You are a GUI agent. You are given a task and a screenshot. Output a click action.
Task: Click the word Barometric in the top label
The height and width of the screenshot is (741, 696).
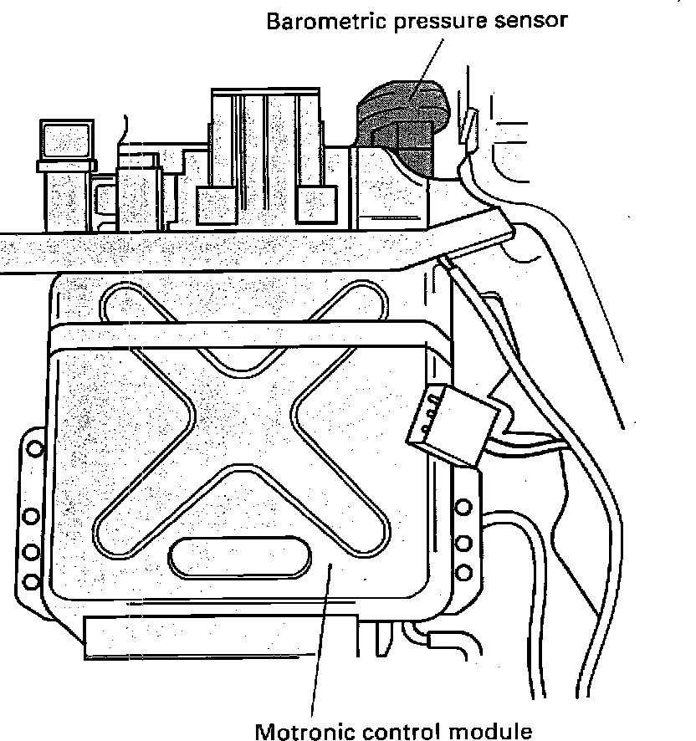(x=320, y=21)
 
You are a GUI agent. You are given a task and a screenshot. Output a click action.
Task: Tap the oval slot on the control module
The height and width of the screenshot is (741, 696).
(x=241, y=556)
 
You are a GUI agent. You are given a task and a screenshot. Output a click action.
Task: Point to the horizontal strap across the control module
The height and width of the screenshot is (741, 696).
(x=251, y=335)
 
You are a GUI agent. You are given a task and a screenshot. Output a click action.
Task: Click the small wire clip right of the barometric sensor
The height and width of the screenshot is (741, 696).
(x=469, y=125)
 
